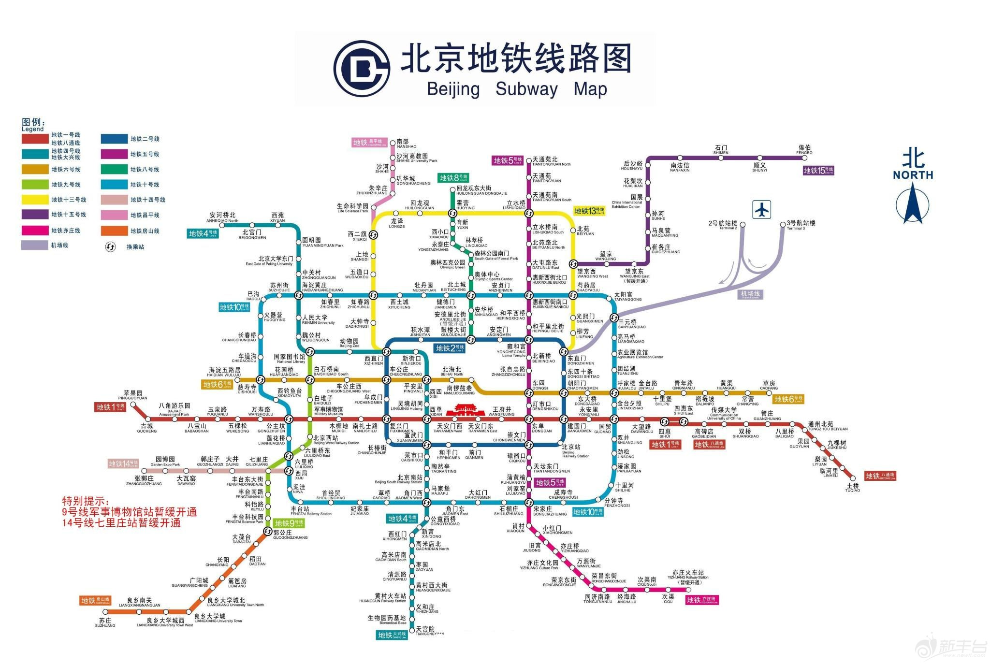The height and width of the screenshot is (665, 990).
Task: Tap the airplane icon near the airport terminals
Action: pyautogui.click(x=762, y=210)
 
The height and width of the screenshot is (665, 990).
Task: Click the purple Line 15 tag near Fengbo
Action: pyautogui.click(x=818, y=171)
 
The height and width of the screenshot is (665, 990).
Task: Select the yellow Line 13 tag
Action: pyautogui.click(x=589, y=211)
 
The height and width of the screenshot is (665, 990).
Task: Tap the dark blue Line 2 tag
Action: pyautogui.click(x=450, y=348)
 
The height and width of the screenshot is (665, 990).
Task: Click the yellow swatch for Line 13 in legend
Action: pyautogui.click(x=34, y=199)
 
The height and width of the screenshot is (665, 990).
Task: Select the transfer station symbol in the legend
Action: pyautogui.click(x=111, y=246)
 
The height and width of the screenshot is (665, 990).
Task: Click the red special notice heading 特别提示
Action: pyautogui.click(x=86, y=501)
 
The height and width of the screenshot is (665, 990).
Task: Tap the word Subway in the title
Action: pyautogui.click(x=526, y=89)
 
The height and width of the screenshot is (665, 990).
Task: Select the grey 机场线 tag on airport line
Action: pyautogui.click(x=750, y=294)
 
